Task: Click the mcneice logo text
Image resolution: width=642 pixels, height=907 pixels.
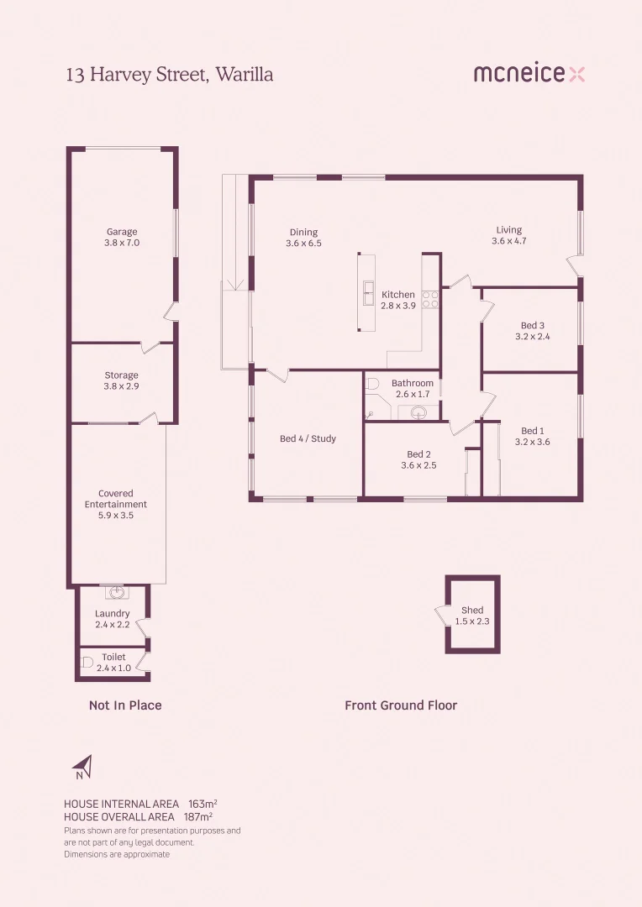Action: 519,74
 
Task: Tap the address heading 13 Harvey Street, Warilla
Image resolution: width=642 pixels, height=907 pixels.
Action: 170,75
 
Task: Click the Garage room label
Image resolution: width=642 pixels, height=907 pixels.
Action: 122,232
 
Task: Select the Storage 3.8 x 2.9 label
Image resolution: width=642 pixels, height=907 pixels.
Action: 122,380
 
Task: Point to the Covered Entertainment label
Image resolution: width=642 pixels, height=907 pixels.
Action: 116,504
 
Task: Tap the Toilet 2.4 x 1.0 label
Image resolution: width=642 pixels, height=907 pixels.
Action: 113,663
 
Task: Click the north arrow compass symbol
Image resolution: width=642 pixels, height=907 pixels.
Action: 82,767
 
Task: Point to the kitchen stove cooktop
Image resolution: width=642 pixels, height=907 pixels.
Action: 430,300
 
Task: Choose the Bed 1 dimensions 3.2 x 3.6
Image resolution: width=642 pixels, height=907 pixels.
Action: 533,442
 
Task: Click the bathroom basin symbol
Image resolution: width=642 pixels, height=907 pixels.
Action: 418,412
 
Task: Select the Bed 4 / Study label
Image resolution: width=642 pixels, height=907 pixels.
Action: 308,438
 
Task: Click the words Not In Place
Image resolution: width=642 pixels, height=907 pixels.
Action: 125,705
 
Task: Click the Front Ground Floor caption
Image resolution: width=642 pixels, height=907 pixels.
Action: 401,705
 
